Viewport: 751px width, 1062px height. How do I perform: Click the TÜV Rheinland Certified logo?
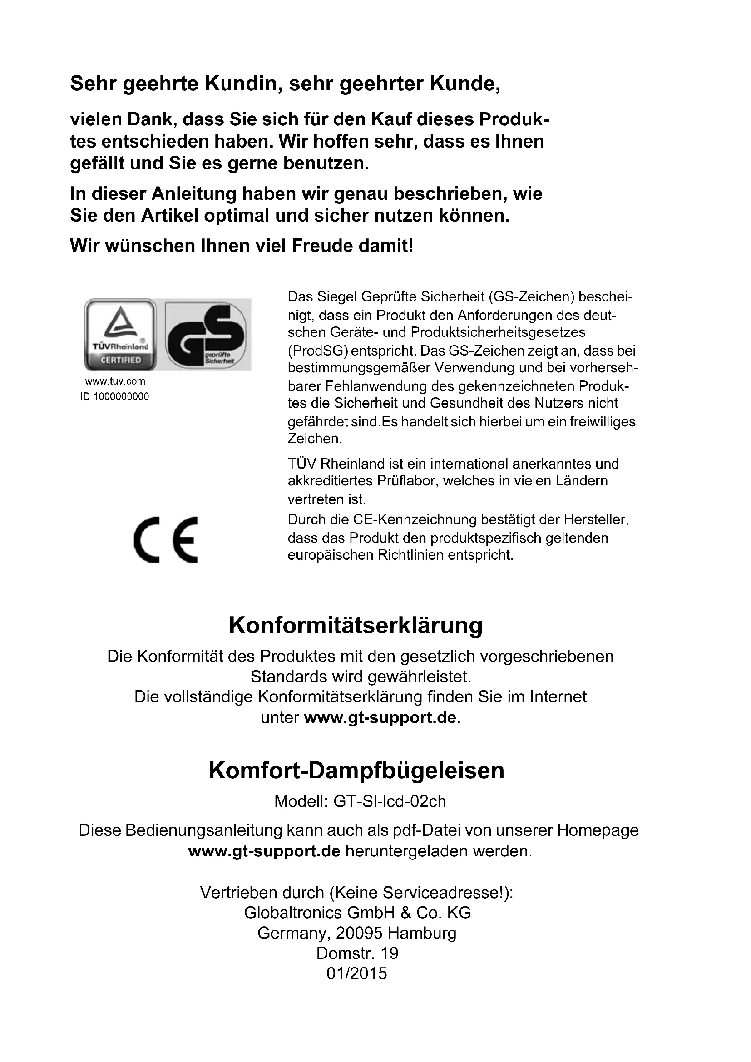(x=120, y=335)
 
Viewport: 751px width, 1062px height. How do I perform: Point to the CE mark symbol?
(x=166, y=539)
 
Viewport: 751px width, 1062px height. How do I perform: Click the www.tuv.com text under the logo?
(x=115, y=381)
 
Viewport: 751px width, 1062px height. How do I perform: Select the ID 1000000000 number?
(x=115, y=397)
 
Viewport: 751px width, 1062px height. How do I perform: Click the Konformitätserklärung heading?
(x=356, y=625)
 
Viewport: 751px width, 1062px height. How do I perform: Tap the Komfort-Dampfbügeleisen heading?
(x=356, y=771)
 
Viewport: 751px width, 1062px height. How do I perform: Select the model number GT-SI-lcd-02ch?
(x=390, y=801)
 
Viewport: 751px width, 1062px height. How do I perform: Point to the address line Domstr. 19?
(x=357, y=953)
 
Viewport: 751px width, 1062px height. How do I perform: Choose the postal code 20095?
(x=359, y=933)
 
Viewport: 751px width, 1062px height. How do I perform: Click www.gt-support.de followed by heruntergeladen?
(x=264, y=851)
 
